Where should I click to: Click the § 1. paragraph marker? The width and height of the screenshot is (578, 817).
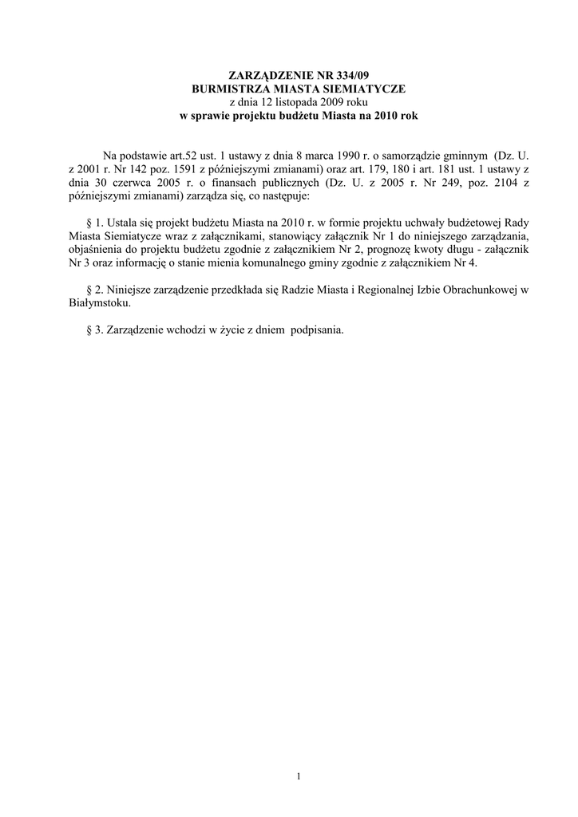tap(93, 223)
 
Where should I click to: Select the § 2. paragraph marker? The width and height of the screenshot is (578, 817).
tap(93, 291)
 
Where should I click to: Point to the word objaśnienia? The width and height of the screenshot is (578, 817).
tap(97, 251)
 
